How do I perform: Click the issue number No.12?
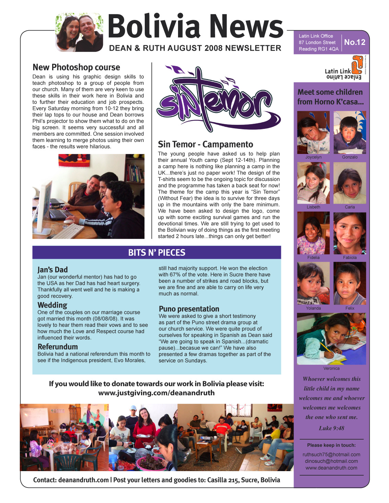click(x=355, y=42)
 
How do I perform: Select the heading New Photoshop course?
click(x=76, y=67)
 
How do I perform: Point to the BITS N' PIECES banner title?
click(x=156, y=253)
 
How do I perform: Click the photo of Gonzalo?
click(x=350, y=132)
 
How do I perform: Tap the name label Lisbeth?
click(x=313, y=207)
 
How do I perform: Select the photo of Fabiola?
click(x=350, y=233)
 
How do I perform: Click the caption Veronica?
click(x=331, y=368)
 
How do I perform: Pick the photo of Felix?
click(x=350, y=283)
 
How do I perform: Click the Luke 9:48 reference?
click(x=331, y=428)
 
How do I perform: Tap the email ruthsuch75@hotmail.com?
click(x=331, y=454)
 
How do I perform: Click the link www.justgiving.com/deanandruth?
click(x=156, y=393)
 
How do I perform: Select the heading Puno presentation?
click(x=189, y=309)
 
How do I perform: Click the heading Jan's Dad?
click(x=52, y=270)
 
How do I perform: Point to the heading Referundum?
click(x=58, y=347)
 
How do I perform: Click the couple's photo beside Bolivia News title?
click(x=79, y=33)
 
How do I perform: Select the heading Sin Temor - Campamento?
click(x=205, y=144)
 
